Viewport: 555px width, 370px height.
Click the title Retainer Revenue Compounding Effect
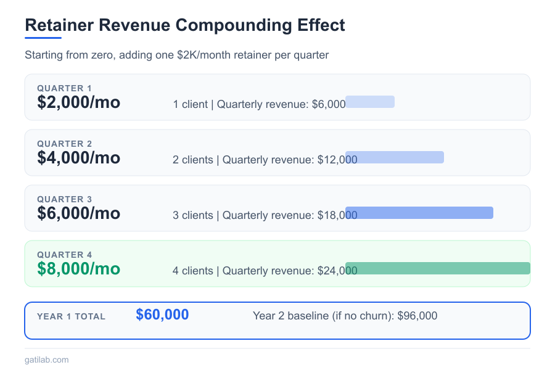185,26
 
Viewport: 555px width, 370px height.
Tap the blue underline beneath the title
43,38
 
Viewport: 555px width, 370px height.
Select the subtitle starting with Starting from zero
177,55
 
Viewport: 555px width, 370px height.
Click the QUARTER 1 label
65,88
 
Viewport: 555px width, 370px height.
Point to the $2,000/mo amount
79,102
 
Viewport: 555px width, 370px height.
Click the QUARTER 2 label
65,144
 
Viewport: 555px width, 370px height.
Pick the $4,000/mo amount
79,158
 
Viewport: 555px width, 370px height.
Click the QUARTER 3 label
65,199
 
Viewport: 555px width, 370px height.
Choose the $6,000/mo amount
79,213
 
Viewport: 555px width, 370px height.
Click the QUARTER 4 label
65,255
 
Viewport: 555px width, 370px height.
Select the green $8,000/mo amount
79,269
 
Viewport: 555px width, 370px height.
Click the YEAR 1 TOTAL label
72,316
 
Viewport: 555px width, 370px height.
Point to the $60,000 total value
162,314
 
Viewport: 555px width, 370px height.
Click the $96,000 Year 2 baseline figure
417,316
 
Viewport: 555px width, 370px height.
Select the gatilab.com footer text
47,360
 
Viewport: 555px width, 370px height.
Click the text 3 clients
193,215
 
